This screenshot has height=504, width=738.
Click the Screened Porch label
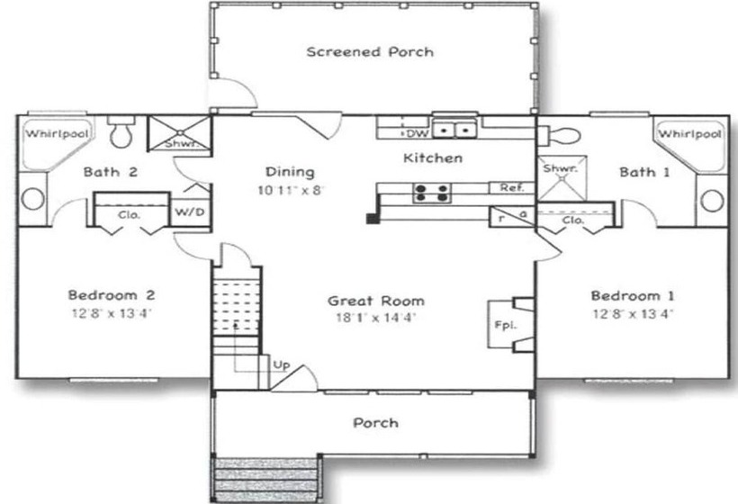[370, 52]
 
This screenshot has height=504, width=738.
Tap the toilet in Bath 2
[121, 130]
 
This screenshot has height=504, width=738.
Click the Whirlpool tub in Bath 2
[56, 142]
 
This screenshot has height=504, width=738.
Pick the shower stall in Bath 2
[179, 133]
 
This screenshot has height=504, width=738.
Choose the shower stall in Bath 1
[562, 178]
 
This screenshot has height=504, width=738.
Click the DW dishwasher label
[418, 133]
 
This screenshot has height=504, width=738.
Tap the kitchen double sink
[454, 129]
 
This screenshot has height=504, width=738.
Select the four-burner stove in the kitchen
[432, 193]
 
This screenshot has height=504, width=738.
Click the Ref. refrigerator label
[511, 188]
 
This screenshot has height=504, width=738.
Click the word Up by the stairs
[282, 364]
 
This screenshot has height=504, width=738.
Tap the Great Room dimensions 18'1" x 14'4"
[376, 317]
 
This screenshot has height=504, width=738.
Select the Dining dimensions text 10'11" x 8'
[292, 190]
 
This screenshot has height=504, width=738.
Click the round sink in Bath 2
[32, 199]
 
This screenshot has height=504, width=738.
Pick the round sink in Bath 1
[712, 201]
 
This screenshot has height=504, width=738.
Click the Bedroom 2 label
[112, 295]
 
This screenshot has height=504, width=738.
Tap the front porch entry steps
[265, 480]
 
